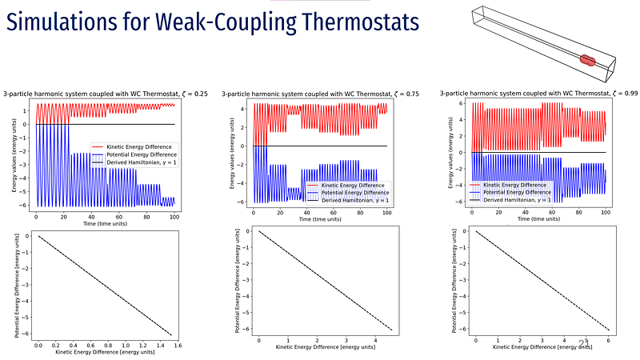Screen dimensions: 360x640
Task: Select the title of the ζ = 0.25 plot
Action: coord(106,94)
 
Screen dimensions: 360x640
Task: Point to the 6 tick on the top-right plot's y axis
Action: coord(462,103)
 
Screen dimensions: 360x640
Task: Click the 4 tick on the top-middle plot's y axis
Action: coord(246,106)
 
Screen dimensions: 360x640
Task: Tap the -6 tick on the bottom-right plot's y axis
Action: coord(460,329)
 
